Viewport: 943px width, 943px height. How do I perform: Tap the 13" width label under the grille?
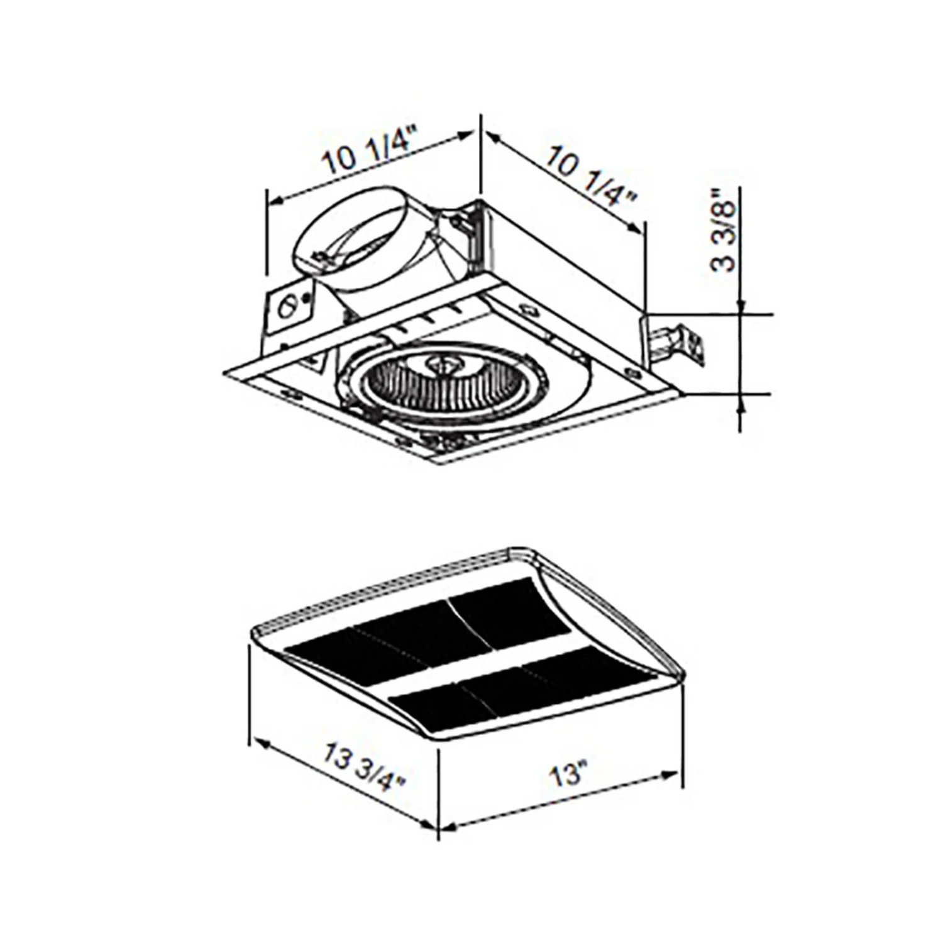pos(568,774)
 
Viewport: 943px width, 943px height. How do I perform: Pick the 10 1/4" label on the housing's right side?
pos(590,175)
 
